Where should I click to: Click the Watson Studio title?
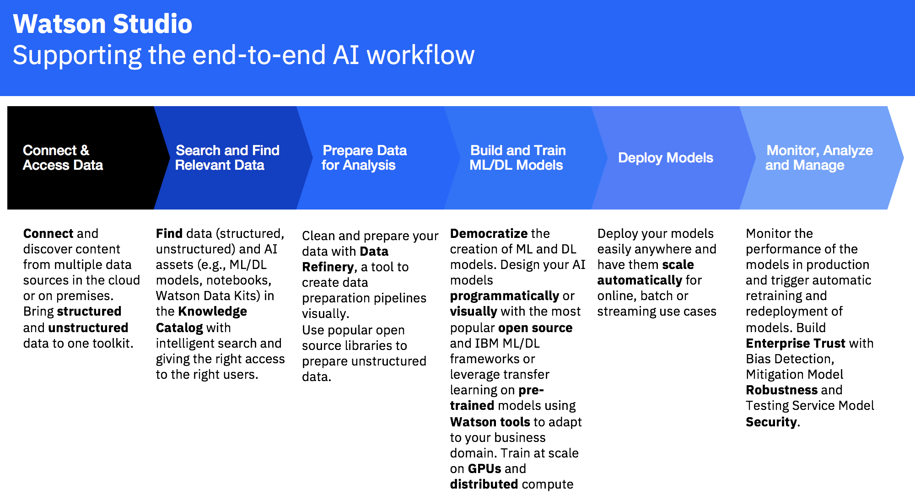click(102, 24)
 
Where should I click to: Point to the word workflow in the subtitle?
click(420, 55)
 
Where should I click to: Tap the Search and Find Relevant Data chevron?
click(227, 158)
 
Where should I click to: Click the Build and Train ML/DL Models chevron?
click(517, 158)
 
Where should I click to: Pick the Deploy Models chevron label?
click(665, 158)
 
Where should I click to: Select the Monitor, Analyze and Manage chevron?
click(818, 158)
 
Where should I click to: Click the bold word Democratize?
click(489, 234)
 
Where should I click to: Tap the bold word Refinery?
click(328, 267)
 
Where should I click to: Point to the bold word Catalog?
click(179, 328)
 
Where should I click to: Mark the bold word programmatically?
click(504, 296)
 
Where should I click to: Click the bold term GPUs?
click(484, 469)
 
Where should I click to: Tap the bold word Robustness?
click(781, 390)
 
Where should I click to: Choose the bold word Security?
click(771, 422)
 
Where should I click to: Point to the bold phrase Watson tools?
click(490, 422)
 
